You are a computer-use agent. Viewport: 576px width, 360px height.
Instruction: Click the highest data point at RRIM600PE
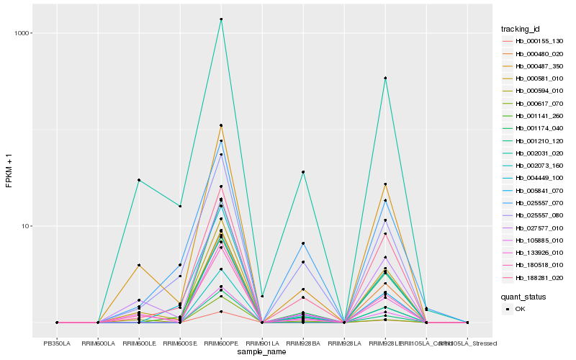tap(221, 19)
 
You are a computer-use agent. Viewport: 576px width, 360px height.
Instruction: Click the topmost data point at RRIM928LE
tap(386, 78)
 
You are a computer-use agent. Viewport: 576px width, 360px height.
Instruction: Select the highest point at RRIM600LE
tap(139, 180)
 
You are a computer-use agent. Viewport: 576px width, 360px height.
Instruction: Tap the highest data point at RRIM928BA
tap(304, 172)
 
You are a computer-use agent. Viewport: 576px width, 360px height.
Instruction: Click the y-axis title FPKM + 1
tap(9, 175)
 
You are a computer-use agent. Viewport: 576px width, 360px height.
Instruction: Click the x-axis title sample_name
tap(262, 352)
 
